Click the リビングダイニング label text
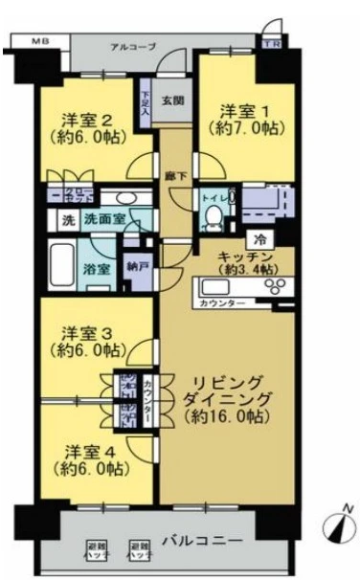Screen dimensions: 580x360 (229, 388)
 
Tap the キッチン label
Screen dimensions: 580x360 (246, 257)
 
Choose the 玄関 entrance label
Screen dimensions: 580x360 (171, 100)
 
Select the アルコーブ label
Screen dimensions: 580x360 (127, 46)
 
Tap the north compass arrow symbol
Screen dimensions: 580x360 (337, 525)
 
